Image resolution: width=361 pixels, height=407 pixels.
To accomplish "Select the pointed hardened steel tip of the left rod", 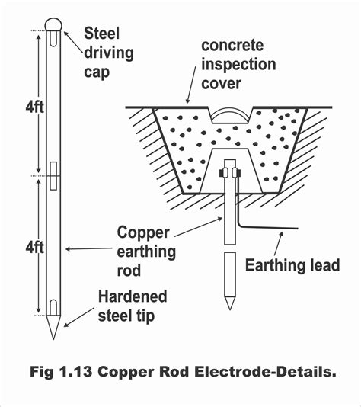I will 52,329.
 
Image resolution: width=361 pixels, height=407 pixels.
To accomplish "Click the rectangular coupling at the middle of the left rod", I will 52,175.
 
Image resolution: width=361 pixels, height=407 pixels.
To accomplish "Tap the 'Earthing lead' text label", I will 291,265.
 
